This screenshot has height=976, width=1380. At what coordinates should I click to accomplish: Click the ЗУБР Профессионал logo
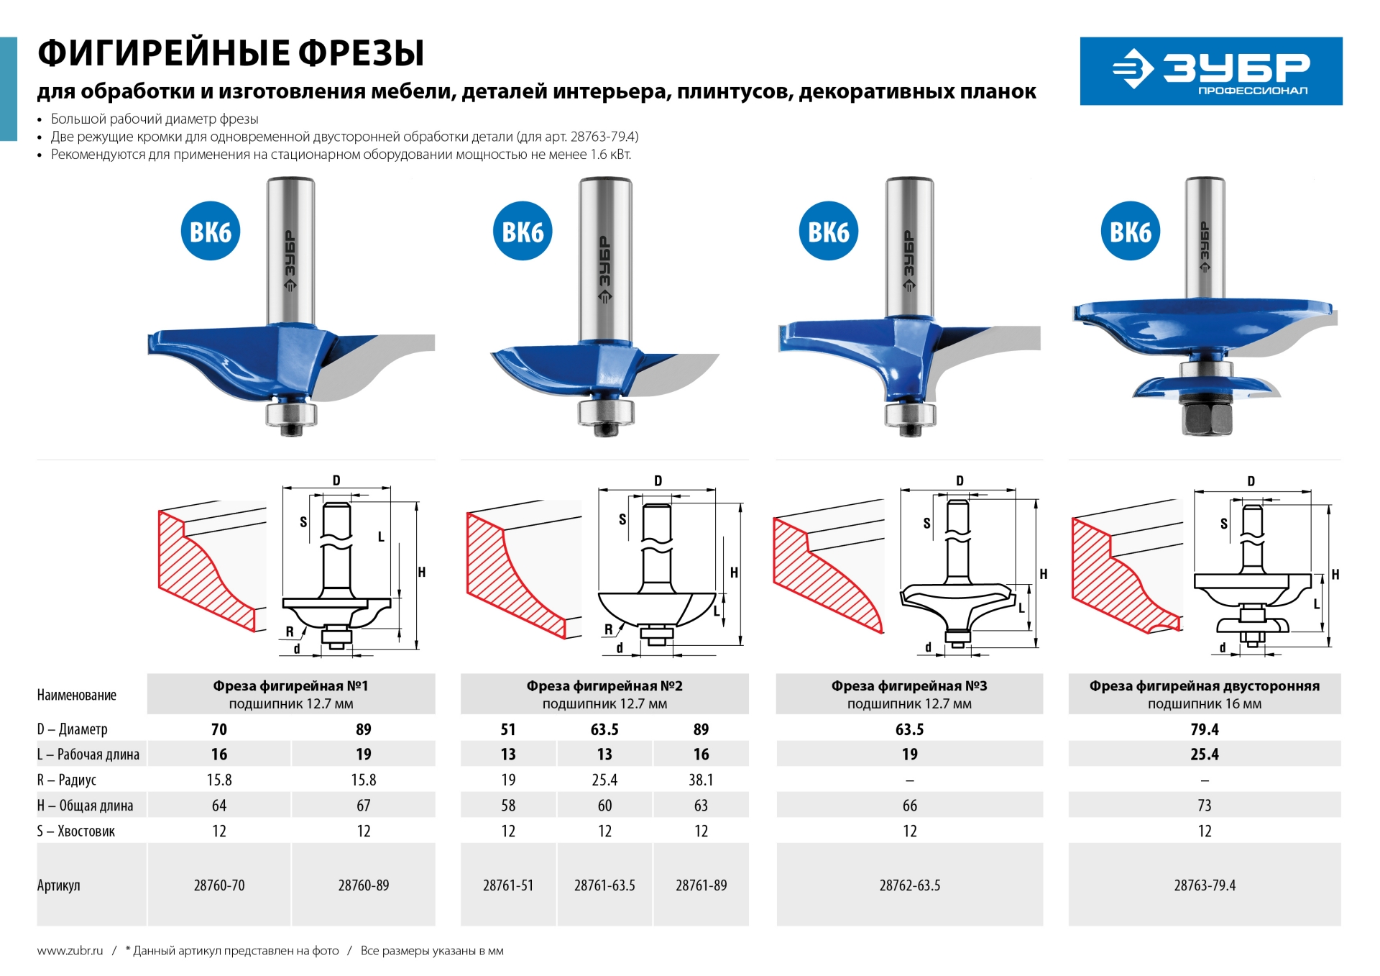click(1210, 71)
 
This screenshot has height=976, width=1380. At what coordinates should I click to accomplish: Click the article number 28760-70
click(219, 885)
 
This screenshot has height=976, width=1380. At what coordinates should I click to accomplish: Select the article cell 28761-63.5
click(604, 885)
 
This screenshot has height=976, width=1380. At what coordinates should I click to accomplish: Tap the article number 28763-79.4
click(1205, 885)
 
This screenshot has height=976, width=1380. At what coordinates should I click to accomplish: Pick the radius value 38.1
click(701, 780)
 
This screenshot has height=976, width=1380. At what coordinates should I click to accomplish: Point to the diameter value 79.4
click(1205, 729)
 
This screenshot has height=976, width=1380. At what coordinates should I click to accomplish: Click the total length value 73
click(1205, 806)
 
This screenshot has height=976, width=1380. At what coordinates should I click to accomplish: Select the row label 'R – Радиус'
click(67, 780)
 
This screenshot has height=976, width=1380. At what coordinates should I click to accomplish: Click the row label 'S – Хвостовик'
click(76, 831)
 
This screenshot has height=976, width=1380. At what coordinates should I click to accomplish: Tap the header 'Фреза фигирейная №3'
click(909, 686)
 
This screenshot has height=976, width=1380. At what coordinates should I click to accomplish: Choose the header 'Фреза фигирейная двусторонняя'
click(1205, 686)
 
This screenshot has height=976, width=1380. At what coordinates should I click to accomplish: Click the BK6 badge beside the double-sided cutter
click(1130, 232)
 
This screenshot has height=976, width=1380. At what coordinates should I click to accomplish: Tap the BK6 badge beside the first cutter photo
click(210, 232)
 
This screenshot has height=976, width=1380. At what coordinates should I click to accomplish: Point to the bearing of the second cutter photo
click(605, 412)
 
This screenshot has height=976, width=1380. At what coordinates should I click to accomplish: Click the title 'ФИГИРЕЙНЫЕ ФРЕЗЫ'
click(231, 53)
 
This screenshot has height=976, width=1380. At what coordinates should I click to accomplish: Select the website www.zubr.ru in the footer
click(70, 951)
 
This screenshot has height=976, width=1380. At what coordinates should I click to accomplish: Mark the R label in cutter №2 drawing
click(608, 629)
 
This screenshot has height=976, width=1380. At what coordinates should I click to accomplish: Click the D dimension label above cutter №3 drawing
click(960, 480)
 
